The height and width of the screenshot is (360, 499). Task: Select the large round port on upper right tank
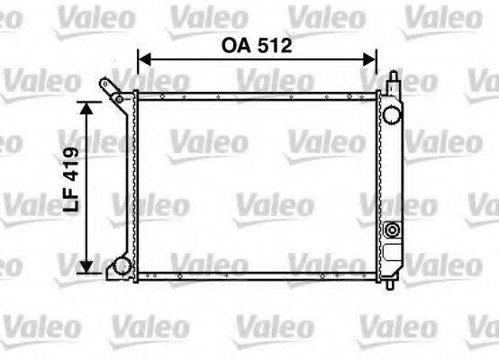(x=391, y=114)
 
